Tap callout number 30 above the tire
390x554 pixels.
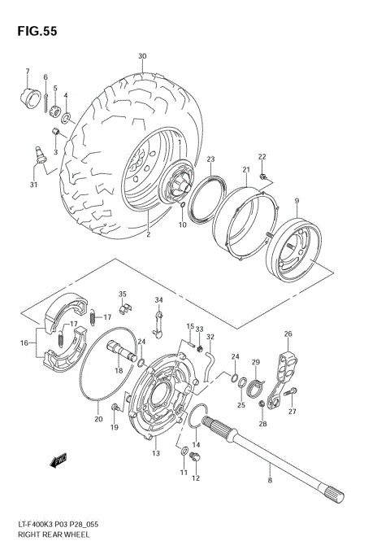point(142,56)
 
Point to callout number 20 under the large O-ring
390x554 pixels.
point(98,419)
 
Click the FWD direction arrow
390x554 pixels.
point(58,461)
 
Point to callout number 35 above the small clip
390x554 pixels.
point(122,294)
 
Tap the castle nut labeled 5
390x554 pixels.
point(54,109)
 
